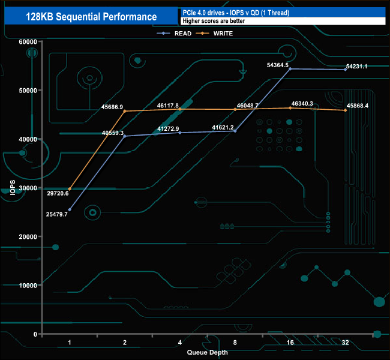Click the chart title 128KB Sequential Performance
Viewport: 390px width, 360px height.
(x=91, y=17)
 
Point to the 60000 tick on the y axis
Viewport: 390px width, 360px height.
(x=27, y=41)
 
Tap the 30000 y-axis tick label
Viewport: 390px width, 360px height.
(x=27, y=188)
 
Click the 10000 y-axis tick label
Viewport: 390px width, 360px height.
(x=27, y=285)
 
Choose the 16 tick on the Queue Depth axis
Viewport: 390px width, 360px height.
(x=290, y=342)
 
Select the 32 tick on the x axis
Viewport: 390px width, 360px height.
(x=346, y=342)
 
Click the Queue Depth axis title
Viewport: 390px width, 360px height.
(x=208, y=352)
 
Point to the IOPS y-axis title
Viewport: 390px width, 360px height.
(x=13, y=187)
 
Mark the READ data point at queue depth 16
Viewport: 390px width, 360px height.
(x=290, y=69)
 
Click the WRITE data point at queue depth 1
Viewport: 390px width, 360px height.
(x=70, y=189)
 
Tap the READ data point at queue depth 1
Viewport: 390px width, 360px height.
(x=70, y=209)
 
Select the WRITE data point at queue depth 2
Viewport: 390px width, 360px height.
(x=125, y=111)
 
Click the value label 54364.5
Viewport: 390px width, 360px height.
(x=278, y=65)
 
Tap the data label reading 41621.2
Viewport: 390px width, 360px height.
(x=223, y=127)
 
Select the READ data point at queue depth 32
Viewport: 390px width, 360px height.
(x=346, y=70)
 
